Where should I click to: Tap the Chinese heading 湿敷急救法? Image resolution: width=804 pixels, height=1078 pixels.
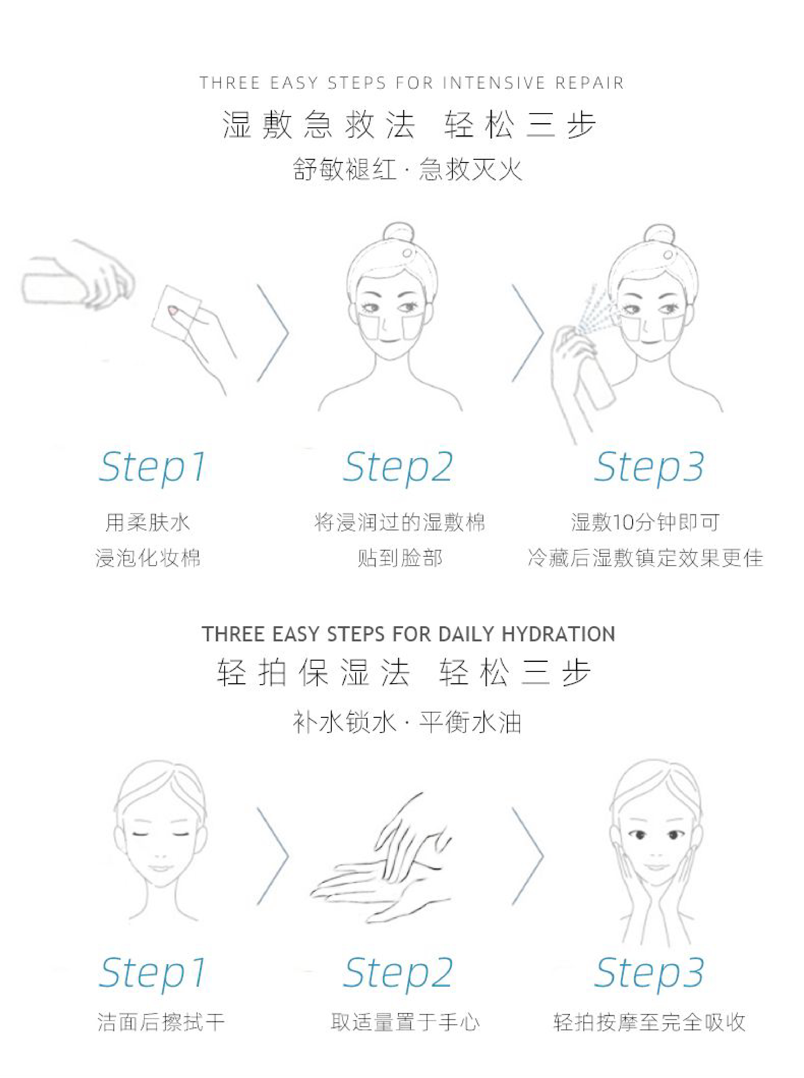tap(319, 125)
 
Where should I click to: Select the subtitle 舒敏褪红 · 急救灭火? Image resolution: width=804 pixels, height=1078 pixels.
tap(408, 169)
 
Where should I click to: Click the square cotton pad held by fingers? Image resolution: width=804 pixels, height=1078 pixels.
tap(175, 312)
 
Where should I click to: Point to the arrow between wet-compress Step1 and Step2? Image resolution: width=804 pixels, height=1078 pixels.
tap(272, 333)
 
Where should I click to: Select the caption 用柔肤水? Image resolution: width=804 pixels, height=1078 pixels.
tap(147, 522)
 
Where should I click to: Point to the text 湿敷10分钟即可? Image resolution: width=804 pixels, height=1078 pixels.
tap(645, 522)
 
